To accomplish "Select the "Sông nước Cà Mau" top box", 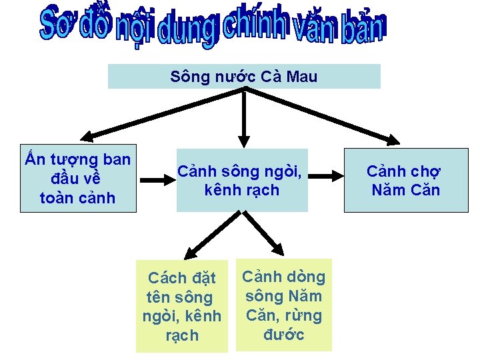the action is tap(244, 77).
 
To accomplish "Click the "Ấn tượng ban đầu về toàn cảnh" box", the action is tap(78, 178).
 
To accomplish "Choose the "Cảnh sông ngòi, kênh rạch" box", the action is tap(242, 181).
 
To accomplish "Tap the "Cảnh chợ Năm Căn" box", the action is tap(405, 180).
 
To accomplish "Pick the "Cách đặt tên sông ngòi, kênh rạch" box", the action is tap(181, 305).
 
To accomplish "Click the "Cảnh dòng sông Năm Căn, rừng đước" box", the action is tap(283, 305).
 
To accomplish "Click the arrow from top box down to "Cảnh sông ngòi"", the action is tap(245, 117).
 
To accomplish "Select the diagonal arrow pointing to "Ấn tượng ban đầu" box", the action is tap(160, 113).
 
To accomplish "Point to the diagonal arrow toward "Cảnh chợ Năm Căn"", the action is tap(327, 113).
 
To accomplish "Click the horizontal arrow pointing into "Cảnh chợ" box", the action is tap(325, 177).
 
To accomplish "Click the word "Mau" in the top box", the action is tap(303, 77).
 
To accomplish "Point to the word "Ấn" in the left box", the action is tap(34, 159).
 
